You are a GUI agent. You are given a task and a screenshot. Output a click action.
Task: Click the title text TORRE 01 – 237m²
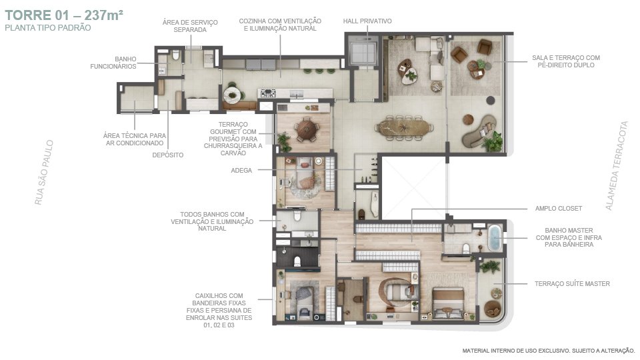point(64,15)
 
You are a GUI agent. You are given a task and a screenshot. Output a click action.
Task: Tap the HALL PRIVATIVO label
point(367,21)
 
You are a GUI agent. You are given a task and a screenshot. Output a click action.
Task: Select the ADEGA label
point(241,170)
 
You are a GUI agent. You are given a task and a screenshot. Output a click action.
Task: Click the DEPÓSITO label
point(168,155)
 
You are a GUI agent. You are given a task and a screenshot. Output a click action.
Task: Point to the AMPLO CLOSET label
point(559,208)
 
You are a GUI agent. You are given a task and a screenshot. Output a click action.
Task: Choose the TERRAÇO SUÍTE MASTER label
point(572,284)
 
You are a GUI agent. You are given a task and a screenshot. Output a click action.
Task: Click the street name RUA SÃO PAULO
point(44,172)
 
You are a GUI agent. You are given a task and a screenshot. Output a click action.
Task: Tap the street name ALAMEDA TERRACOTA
point(616,166)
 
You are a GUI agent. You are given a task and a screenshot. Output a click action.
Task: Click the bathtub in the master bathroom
point(494,238)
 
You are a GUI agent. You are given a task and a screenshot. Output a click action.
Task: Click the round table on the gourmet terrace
point(307,129)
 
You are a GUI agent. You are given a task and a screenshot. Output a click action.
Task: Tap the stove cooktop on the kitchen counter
point(268,93)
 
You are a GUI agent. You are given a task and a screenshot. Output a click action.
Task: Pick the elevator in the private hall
point(363,52)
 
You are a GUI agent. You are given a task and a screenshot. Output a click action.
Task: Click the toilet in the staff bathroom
point(176,55)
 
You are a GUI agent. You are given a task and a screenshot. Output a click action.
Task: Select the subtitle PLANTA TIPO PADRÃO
point(48,28)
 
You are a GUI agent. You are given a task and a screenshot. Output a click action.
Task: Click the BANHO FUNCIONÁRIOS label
point(113,63)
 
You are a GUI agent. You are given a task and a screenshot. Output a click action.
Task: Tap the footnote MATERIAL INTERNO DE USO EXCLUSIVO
point(516,351)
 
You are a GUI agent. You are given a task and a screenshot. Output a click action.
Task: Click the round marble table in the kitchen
point(232,95)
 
